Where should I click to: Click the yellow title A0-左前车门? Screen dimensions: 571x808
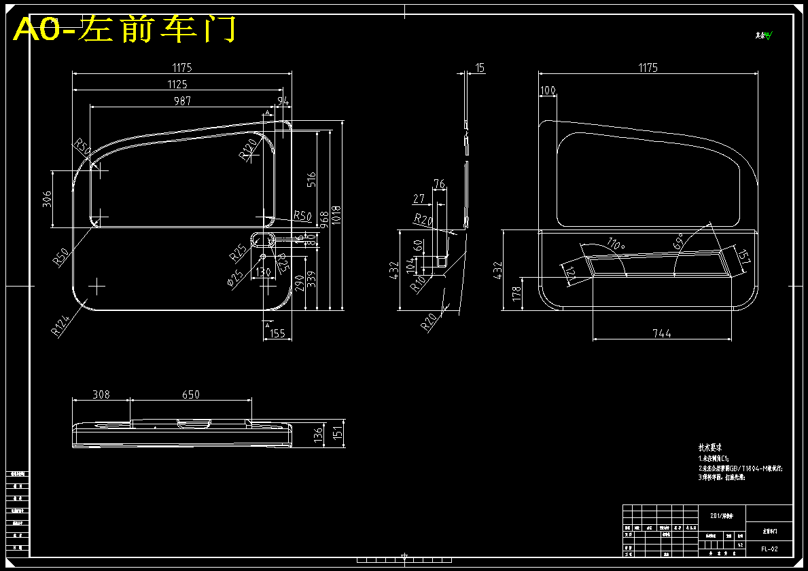(125, 29)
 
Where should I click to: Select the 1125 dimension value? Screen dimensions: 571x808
(179, 84)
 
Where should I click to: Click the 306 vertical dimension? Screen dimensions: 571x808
(47, 199)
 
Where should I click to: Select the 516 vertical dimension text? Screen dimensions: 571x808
(311, 180)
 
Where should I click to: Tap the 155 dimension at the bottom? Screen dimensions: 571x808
(277, 333)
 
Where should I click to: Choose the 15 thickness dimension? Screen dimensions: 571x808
(480, 68)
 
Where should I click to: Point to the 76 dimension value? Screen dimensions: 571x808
(439, 184)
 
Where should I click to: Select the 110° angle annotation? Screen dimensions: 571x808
(616, 244)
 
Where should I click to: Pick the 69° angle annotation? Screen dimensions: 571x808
(678, 241)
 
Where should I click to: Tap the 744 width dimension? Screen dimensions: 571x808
(661, 333)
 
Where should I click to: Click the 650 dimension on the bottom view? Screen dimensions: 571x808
(191, 394)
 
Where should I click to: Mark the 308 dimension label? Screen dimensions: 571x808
(101, 394)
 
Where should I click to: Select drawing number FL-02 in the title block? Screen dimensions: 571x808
(769, 549)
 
